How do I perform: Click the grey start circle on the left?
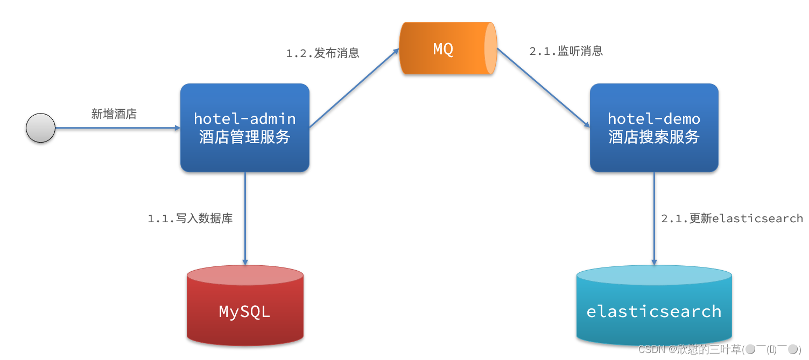click(x=41, y=128)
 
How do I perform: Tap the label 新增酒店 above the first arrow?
click(x=114, y=114)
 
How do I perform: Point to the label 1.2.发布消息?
click(x=322, y=53)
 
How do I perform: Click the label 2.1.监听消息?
click(x=566, y=51)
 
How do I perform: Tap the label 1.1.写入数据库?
click(x=190, y=218)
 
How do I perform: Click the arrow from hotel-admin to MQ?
click(x=354, y=88)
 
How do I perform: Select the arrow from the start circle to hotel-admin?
click(x=118, y=128)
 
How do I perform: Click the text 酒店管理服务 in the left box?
click(x=245, y=137)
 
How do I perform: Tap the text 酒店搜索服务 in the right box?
click(x=654, y=137)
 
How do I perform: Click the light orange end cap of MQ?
click(x=490, y=49)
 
